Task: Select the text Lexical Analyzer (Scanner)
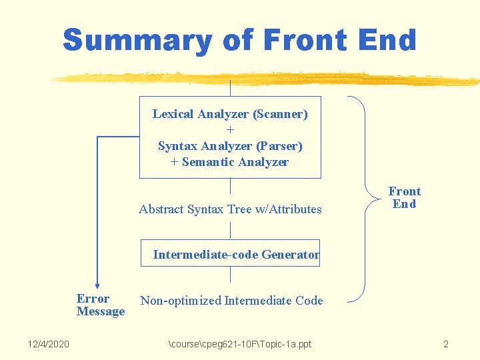[230, 114]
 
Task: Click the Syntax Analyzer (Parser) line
[230, 145]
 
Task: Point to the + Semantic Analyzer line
[230, 162]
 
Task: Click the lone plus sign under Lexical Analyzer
[230, 130]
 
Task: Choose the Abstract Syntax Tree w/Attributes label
[230, 209]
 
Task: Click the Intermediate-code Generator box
[230, 253]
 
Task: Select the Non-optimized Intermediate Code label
[231, 301]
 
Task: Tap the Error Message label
[100, 305]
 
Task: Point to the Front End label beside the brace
[405, 198]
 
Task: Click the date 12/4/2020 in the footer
[48, 344]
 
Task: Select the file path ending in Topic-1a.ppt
[240, 344]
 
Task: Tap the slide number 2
[445, 344]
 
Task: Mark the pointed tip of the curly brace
[367, 198]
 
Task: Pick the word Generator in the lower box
[291, 254]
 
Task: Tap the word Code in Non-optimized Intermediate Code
[309, 301]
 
